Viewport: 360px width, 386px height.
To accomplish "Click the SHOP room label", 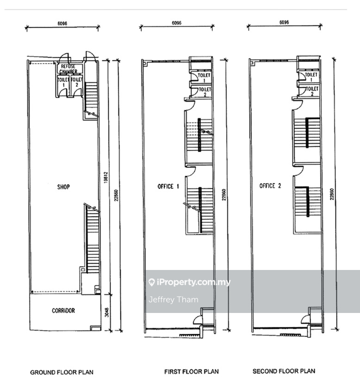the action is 63,187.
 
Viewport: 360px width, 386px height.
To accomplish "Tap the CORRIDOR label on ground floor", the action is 63,311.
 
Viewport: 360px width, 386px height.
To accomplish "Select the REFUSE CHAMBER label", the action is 68,69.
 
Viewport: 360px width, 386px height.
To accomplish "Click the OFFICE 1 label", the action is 168,186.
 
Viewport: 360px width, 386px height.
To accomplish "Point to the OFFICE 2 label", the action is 270,186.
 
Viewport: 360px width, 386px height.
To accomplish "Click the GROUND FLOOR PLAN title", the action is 62,372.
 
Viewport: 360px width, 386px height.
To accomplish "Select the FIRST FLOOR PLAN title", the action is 192,372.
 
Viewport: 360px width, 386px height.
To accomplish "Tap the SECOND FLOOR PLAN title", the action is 284,371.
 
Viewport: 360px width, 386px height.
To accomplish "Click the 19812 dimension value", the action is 106,178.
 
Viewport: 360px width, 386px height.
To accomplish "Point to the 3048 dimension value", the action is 107,312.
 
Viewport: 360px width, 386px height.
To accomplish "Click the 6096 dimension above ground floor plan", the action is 62,24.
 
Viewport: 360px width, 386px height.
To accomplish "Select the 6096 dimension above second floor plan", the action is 284,22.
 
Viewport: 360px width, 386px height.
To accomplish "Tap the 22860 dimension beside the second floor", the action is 332,194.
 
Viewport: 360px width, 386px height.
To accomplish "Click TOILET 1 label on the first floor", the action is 204,78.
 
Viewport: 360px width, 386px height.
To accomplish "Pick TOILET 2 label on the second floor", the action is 312,91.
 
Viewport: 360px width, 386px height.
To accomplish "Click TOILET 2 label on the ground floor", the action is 77,82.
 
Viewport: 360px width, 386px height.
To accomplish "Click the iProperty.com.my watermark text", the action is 193,282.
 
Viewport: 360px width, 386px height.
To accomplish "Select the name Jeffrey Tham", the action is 174,300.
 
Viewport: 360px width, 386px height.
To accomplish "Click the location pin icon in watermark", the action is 151,282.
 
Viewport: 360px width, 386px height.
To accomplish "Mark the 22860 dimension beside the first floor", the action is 224,195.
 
